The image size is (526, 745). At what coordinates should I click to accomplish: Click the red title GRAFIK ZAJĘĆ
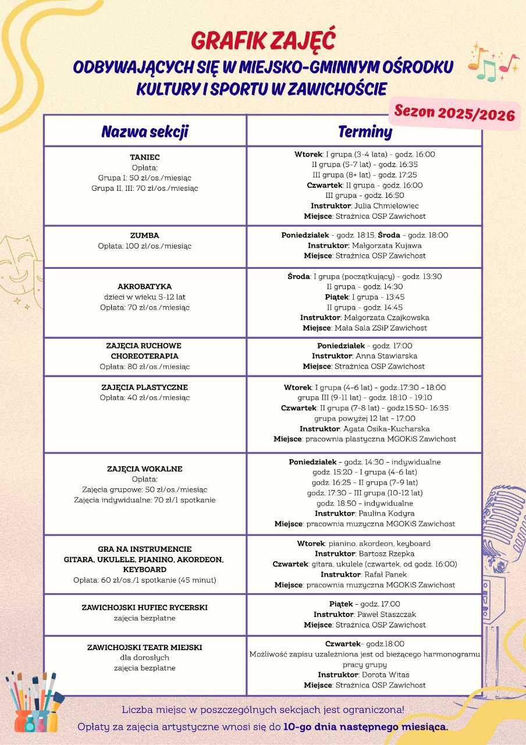[263, 41]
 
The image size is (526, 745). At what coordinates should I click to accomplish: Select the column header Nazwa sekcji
[145, 132]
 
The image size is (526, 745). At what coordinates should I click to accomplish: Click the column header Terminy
[365, 132]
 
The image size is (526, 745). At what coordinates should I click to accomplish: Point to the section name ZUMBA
[145, 236]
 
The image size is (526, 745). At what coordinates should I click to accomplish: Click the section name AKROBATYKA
[145, 286]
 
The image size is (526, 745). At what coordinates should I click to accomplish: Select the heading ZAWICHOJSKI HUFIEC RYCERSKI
[145, 608]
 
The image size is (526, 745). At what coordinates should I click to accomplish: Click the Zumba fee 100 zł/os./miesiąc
[145, 246]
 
